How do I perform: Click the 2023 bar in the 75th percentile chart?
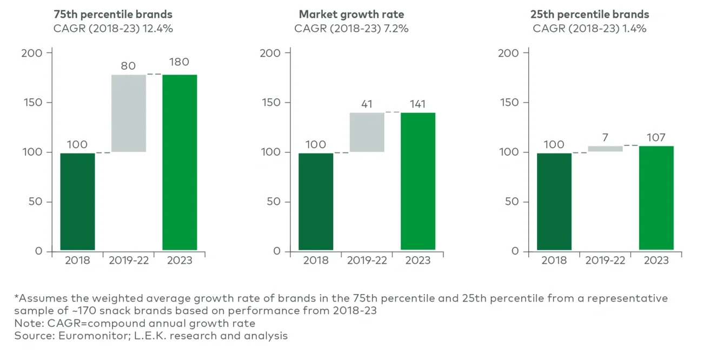(x=180, y=162)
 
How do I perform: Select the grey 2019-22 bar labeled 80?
(x=129, y=113)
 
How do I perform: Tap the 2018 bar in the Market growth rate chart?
(x=316, y=202)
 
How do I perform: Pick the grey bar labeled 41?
(x=367, y=132)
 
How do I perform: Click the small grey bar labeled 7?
(x=605, y=149)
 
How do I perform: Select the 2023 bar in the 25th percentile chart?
(x=656, y=198)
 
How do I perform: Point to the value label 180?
(x=179, y=62)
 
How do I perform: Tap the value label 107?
(x=656, y=138)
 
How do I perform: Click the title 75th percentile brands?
(x=112, y=15)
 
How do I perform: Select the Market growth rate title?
(x=351, y=15)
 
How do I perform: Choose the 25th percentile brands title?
(x=589, y=15)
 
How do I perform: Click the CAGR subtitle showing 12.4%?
(x=112, y=29)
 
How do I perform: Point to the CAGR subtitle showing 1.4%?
(x=589, y=29)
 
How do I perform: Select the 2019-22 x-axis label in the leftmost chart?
(x=129, y=261)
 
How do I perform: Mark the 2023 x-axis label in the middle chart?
(x=417, y=261)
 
